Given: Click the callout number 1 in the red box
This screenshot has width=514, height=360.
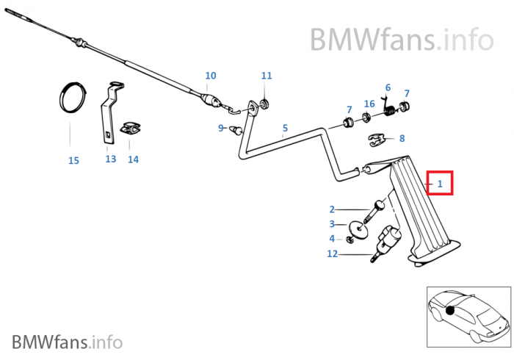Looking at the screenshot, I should [440, 184].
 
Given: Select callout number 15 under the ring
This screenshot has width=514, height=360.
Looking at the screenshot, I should [73, 160].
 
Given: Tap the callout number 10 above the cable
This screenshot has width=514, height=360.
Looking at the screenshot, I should [211, 76].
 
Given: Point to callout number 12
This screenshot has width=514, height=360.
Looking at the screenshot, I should [333, 254].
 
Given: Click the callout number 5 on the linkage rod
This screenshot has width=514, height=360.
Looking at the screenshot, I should [285, 128].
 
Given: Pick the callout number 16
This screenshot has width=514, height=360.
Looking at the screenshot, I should [369, 104].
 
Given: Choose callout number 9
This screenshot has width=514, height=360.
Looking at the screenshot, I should [220, 128].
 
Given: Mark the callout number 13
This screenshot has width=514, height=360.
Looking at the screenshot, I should [110, 159].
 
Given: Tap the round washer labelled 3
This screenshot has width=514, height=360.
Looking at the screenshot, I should [355, 225].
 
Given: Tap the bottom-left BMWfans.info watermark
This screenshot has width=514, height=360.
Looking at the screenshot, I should [67, 342].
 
